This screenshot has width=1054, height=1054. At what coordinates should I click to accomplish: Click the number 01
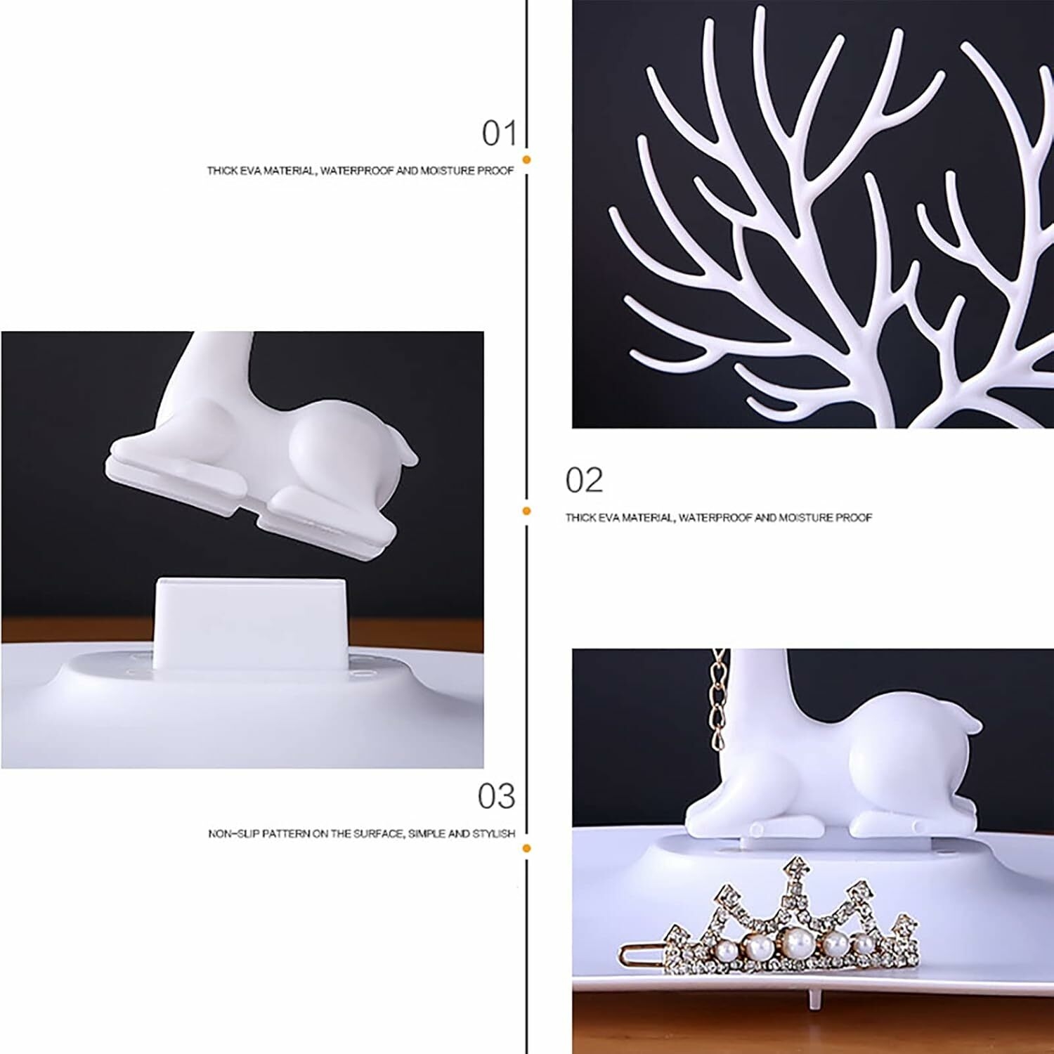click(499, 134)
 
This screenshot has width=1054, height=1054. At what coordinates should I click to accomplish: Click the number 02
click(584, 481)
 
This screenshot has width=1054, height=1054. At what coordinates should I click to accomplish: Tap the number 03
click(497, 796)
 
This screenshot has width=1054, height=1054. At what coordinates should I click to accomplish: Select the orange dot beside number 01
click(526, 160)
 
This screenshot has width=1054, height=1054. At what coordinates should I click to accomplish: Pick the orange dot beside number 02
click(526, 511)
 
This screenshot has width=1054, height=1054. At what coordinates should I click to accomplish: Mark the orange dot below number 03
click(526, 848)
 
